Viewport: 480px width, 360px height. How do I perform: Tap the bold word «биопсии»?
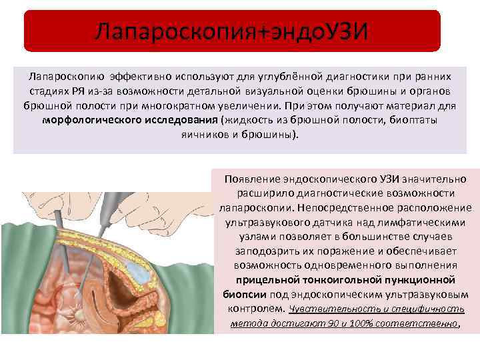(245, 294)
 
